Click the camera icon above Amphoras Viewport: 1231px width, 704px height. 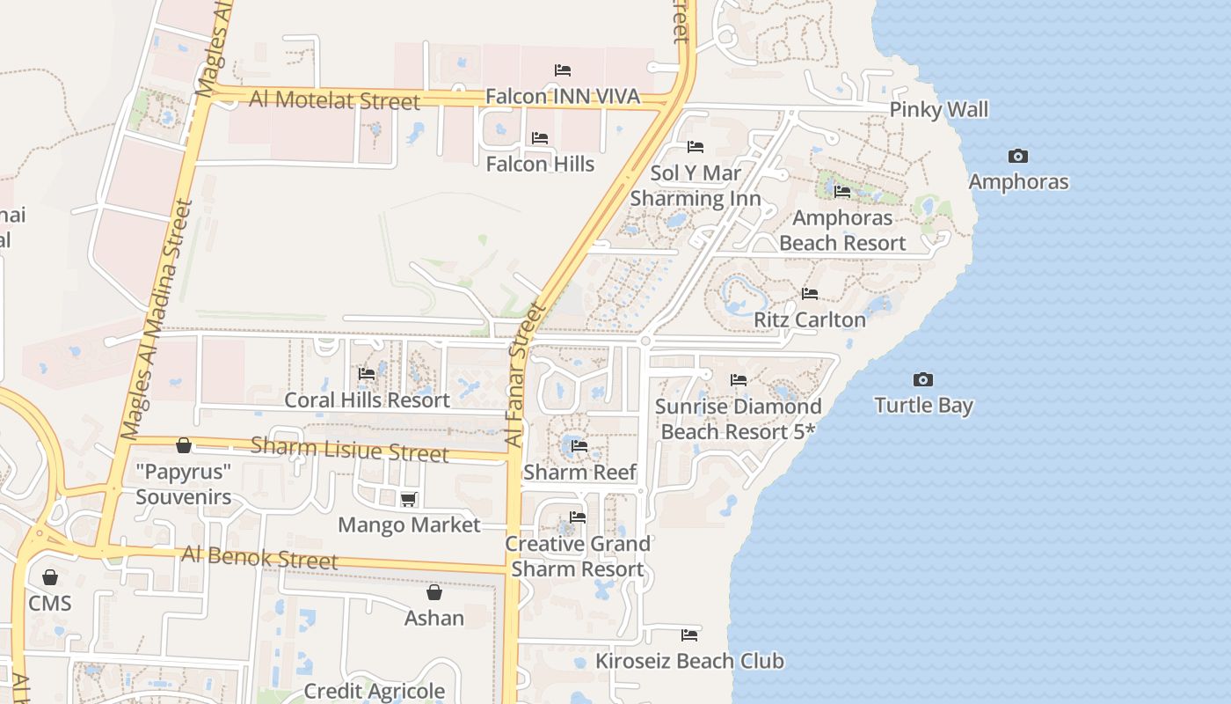1018,157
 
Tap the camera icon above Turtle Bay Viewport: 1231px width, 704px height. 922,380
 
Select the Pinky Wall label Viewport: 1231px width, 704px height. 938,110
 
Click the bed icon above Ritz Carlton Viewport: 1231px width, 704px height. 810,294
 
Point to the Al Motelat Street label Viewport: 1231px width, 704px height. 334,100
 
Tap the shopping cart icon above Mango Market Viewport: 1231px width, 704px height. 408,500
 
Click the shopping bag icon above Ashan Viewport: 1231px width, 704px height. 433,592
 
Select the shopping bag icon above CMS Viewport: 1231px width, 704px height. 50,577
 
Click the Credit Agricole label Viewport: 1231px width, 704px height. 375,691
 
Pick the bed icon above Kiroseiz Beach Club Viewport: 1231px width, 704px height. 689,634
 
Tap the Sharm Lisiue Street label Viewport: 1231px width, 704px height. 349,449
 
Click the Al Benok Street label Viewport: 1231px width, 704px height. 259,557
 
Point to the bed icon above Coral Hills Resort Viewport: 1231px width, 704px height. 367,375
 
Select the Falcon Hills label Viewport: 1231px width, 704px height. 540,164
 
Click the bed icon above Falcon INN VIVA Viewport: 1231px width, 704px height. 563,70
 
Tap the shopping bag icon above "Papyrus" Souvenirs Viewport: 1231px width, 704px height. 184,446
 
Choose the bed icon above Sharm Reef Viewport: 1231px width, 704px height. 579,446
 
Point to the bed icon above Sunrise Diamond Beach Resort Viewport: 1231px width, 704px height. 739,380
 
